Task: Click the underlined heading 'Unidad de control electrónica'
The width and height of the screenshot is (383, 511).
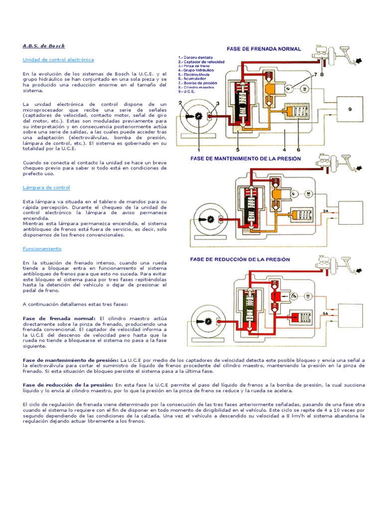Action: (58, 59)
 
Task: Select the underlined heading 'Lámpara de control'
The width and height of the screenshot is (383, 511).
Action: (46, 188)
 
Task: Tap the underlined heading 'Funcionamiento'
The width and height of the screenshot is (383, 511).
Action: (42, 248)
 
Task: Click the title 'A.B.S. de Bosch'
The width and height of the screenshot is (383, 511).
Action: (44, 45)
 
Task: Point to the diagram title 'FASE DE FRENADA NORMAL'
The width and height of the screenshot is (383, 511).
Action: (264, 49)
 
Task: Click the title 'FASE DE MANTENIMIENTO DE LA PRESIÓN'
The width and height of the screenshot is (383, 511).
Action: (246, 158)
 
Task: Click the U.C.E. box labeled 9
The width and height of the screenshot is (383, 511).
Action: (350, 108)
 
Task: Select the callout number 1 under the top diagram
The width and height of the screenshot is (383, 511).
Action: (198, 149)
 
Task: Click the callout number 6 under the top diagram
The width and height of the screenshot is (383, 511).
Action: (298, 149)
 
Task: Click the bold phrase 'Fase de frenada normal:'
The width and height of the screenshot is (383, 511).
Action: (59, 318)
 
